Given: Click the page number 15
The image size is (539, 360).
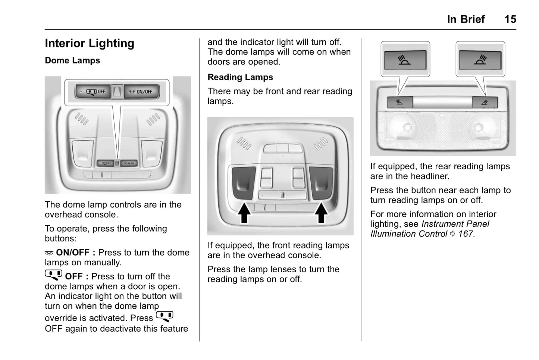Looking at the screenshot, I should pos(510,19).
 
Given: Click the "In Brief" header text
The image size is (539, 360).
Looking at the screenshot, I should pos(466,19).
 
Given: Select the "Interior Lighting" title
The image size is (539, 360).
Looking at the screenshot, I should pos(90,44).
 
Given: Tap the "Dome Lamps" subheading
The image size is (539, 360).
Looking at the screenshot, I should pos(72,60).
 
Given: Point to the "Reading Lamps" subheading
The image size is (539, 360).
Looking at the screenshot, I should pos(240,77).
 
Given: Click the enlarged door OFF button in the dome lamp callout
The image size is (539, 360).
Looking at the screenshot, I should pos(93,92).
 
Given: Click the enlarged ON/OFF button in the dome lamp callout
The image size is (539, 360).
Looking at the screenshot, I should pos(141,92).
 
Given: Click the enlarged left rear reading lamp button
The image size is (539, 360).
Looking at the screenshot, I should pos(405,60).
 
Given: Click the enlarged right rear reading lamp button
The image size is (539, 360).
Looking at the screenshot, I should pos(480,60).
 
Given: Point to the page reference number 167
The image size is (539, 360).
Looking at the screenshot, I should pos(466,234).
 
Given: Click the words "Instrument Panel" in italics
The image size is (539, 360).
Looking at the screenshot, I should pos(455,224).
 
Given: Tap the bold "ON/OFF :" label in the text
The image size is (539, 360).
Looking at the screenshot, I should pos(75,253).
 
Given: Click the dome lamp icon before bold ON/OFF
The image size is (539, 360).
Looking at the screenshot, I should pos(49,253).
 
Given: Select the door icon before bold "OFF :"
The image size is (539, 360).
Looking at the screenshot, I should pos(53,275).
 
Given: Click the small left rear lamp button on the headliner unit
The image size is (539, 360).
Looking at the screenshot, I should pos(399,102).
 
